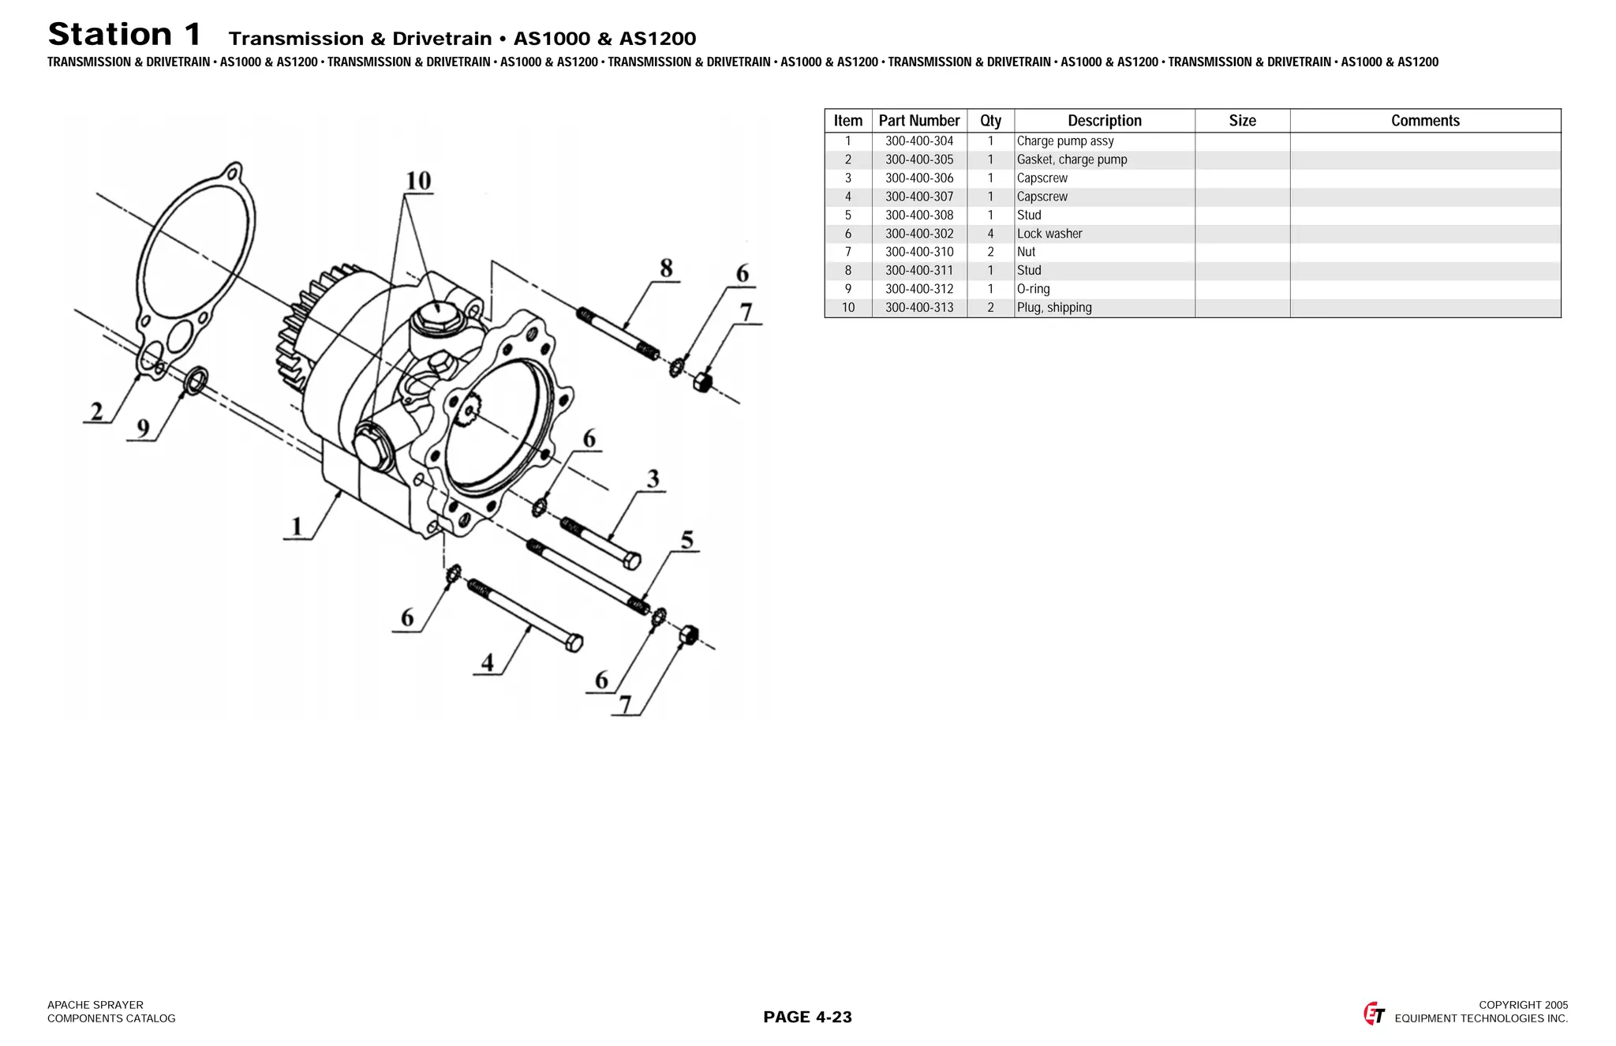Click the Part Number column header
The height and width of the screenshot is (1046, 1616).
pyautogui.click(x=918, y=121)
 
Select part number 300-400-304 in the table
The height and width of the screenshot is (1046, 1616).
pyautogui.click(x=918, y=141)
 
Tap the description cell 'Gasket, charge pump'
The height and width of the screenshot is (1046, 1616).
pyautogui.click(x=1072, y=159)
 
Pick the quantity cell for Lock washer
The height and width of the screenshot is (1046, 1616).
pyautogui.click(x=990, y=234)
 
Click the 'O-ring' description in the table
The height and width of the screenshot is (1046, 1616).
pyautogui.click(x=1033, y=289)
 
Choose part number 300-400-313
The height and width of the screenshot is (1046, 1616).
pyautogui.click(x=918, y=308)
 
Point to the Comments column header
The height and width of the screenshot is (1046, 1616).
pyautogui.click(x=1424, y=121)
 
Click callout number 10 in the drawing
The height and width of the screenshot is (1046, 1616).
pyautogui.click(x=418, y=181)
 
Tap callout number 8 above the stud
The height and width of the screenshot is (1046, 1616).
pyautogui.click(x=666, y=268)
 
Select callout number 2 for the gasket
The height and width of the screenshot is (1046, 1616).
pyautogui.click(x=97, y=411)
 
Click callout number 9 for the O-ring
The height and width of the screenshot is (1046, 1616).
pyautogui.click(x=143, y=429)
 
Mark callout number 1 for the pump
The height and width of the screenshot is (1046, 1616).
pyautogui.click(x=297, y=526)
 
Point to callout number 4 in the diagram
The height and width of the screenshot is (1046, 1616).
pyautogui.click(x=488, y=662)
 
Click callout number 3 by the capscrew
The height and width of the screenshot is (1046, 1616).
pyautogui.click(x=653, y=479)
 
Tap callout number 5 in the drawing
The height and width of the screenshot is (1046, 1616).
pyautogui.click(x=686, y=540)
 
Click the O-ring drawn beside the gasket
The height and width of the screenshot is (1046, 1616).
pyautogui.click(x=195, y=381)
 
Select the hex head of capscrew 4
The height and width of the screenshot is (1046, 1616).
pyautogui.click(x=574, y=643)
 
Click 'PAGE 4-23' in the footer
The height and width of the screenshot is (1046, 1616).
pyautogui.click(x=807, y=1017)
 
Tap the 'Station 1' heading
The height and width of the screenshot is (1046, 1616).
pyautogui.click(x=125, y=35)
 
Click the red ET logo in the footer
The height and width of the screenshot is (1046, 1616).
pyautogui.click(x=1374, y=1014)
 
